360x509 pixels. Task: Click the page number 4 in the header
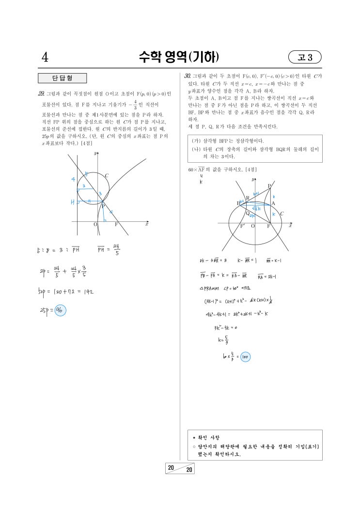click(45, 58)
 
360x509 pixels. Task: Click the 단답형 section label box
click(63, 78)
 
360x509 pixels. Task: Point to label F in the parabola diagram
click(116, 225)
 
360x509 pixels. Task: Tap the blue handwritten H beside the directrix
click(73, 201)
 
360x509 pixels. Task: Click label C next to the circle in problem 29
click(107, 175)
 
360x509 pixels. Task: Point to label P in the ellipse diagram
click(270, 186)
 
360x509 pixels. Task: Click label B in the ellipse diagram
click(238, 203)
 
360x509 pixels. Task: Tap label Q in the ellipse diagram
click(247, 213)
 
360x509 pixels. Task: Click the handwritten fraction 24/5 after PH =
click(116, 248)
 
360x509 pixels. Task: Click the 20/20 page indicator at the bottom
click(180, 469)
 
